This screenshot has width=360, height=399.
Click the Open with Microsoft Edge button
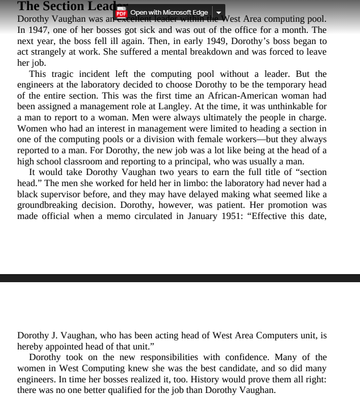coord(169,12)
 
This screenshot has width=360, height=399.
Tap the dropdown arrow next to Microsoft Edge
coord(219,12)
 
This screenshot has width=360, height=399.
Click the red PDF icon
coord(122,12)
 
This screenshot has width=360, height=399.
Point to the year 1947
coord(38,30)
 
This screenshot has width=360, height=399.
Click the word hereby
coord(31,346)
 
